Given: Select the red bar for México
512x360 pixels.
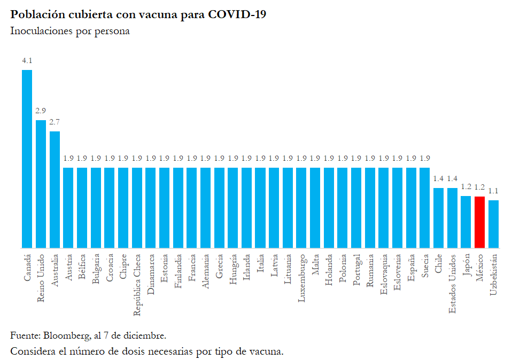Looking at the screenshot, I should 479,222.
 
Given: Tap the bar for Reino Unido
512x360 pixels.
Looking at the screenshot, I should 41,184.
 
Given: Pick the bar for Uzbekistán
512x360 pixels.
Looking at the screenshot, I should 493,224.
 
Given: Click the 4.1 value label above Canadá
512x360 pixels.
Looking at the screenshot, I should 27,61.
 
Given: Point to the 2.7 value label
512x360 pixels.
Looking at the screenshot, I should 55,122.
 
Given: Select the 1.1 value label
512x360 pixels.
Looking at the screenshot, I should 493,191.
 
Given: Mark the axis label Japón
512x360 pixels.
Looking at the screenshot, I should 466,265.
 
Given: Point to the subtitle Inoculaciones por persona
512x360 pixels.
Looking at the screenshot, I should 70,31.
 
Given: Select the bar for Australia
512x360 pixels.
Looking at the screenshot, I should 55,190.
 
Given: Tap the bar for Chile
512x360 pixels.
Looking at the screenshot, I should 438,218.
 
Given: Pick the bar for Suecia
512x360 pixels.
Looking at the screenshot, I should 424,208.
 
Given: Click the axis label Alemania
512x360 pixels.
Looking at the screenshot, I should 206,272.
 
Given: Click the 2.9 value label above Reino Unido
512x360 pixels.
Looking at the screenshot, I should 41,111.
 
